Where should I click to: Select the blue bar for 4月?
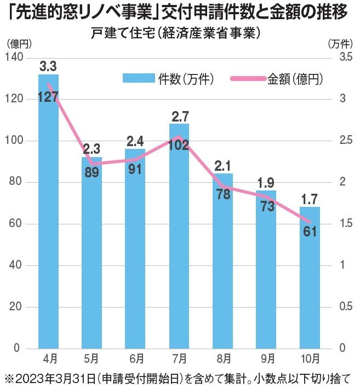pyautogui.click(x=48, y=219)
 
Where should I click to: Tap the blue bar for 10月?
pyautogui.click(x=310, y=285)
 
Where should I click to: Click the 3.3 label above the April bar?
pyautogui.click(x=48, y=66)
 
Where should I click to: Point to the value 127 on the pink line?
pyautogui.click(x=48, y=97)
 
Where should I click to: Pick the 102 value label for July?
pyautogui.click(x=179, y=146)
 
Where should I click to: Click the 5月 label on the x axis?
pyautogui.click(x=92, y=359)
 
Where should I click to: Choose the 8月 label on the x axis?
pyautogui.click(x=223, y=359)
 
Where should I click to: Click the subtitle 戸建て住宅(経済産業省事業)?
pyautogui.click(x=175, y=33)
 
